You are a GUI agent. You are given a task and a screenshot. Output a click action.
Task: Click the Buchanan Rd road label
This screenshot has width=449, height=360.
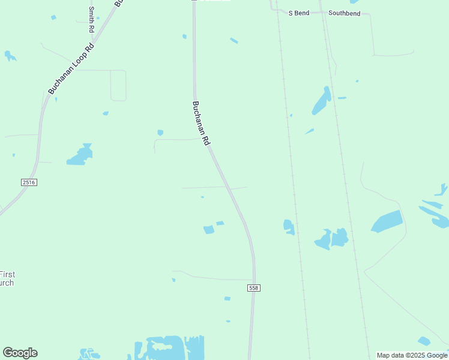point(201,123)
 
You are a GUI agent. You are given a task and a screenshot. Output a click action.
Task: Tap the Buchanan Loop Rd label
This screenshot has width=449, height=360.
point(71,68)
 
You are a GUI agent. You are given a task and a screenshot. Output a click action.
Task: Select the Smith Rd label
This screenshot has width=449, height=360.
point(91,19)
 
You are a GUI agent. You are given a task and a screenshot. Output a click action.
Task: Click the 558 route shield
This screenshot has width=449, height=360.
point(253,289)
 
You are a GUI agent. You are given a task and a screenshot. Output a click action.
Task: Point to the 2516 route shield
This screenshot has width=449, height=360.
point(28,182)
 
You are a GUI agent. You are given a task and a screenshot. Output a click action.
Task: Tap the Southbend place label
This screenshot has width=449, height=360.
point(345,13)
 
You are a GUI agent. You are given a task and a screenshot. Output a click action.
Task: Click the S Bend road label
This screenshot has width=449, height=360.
point(298,13)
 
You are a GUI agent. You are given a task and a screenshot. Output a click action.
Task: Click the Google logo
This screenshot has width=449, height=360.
point(20,353)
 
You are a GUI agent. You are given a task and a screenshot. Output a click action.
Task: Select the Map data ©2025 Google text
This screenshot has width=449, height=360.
point(412,355)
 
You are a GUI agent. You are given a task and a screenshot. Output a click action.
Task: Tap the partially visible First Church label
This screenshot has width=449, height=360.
point(7,279)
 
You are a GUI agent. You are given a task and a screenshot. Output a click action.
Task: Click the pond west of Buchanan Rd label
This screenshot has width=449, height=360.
point(80,155)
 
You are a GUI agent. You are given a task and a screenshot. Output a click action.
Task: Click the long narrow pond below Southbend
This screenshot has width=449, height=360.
point(321,101)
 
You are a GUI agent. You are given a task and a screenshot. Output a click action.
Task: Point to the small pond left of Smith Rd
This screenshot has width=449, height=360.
point(53,17)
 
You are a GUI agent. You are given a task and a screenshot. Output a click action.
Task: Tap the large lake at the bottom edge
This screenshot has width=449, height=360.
point(168,347)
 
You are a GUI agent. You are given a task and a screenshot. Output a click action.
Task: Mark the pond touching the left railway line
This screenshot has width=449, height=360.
point(289,226)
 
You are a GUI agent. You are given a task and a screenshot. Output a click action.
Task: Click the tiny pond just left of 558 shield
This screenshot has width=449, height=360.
point(228,298)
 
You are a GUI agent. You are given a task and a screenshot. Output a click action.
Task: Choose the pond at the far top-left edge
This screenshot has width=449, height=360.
point(9,56)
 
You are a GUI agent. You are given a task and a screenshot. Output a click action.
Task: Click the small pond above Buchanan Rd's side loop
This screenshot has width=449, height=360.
point(160,133)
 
